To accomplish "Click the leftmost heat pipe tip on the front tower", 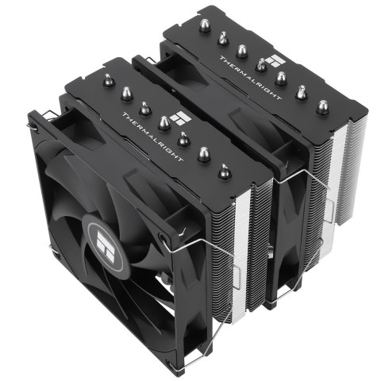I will coord(106,79).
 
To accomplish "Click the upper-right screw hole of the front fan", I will coord(164,236).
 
